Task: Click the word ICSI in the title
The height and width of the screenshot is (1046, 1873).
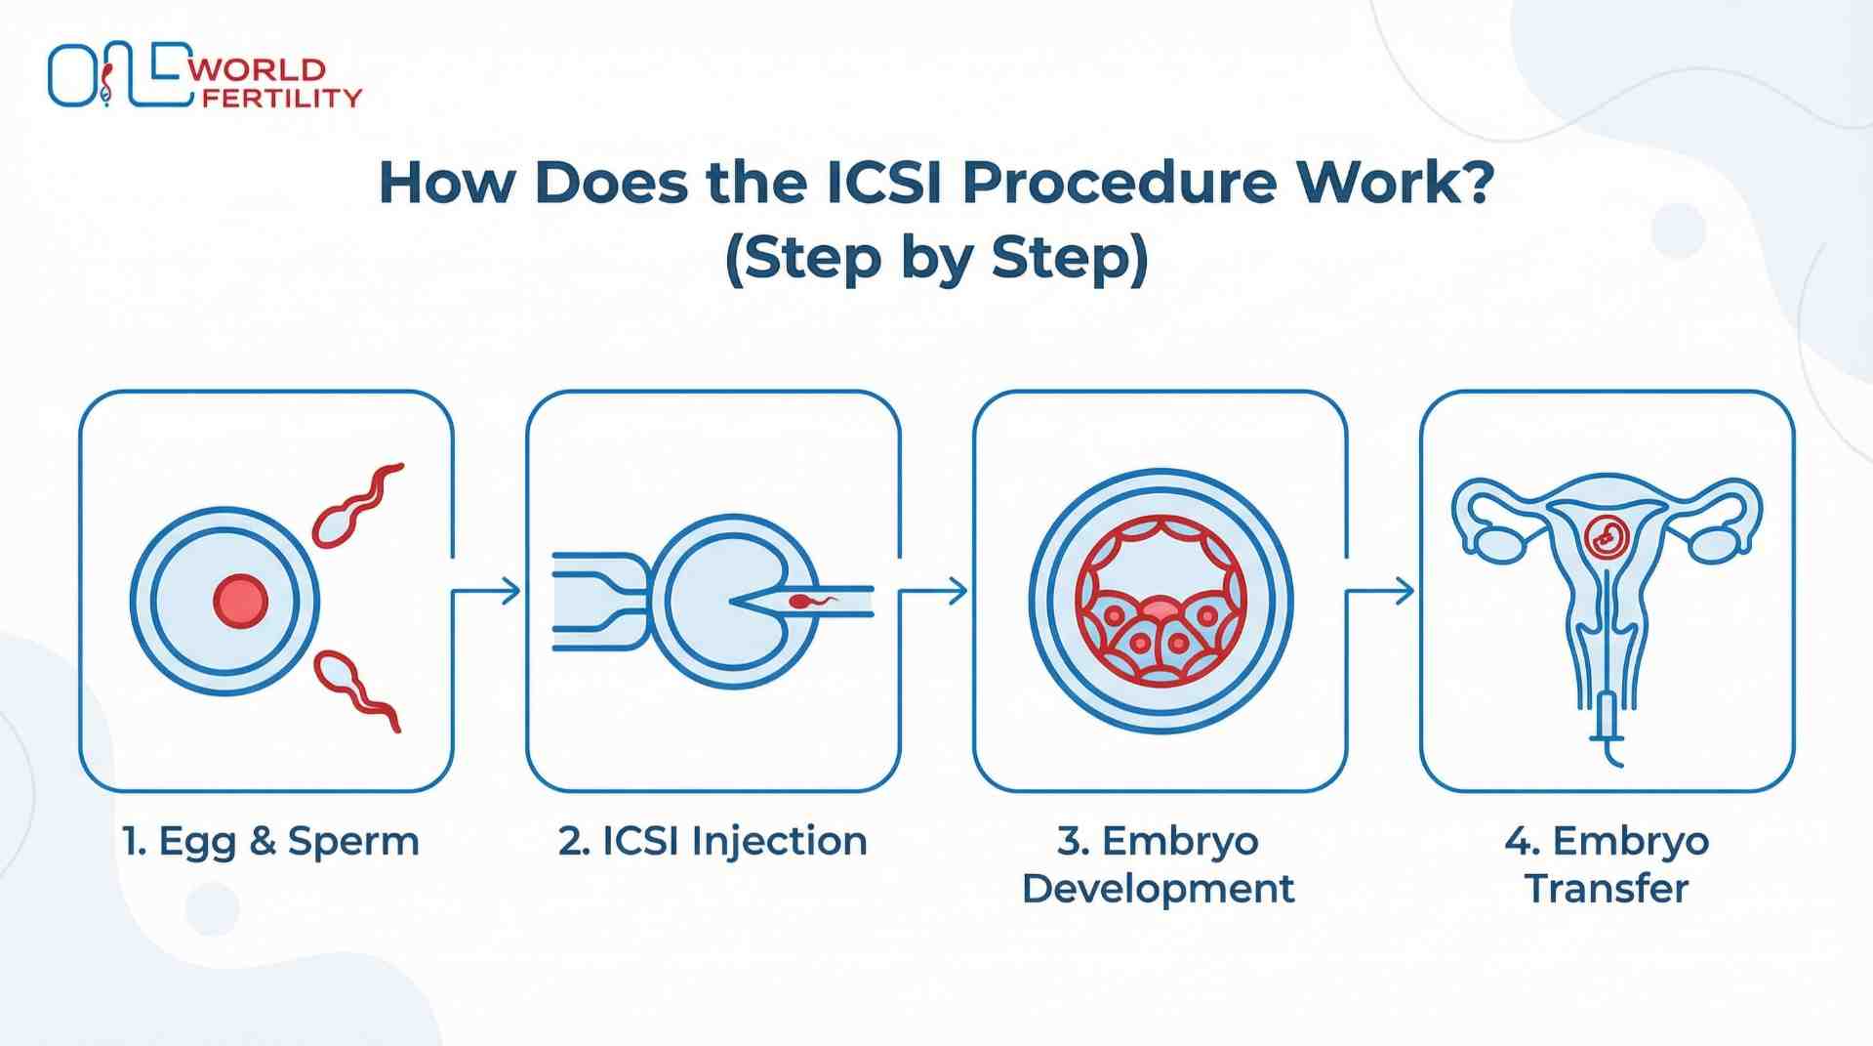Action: pyautogui.click(x=883, y=183)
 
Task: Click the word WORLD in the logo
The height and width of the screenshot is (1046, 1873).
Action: pyautogui.click(x=258, y=70)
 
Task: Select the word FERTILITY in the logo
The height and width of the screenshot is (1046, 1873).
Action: pyautogui.click(x=281, y=99)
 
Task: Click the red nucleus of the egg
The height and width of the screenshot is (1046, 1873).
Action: pyautogui.click(x=240, y=601)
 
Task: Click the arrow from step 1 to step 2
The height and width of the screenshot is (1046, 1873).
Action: pyautogui.click(x=488, y=591)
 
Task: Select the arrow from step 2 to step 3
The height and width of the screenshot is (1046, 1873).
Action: pyautogui.click(x=934, y=591)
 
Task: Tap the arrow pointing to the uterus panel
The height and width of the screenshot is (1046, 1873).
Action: pyautogui.click(x=1381, y=591)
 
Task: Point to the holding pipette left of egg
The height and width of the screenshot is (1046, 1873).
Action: pyautogui.click(x=597, y=601)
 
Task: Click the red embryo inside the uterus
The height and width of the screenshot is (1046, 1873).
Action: pyautogui.click(x=1606, y=536)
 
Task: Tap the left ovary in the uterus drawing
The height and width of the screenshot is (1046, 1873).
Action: pyautogui.click(x=1499, y=545)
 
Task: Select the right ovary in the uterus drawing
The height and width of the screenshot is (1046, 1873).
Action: pyautogui.click(x=1715, y=545)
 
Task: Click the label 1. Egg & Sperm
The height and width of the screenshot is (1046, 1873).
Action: pyautogui.click(x=270, y=842)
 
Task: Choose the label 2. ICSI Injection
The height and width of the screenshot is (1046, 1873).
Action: pyautogui.click(x=713, y=842)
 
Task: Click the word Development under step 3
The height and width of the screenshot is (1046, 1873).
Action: pyautogui.click(x=1159, y=890)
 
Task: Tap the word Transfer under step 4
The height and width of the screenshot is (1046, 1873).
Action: pyautogui.click(x=1607, y=890)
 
